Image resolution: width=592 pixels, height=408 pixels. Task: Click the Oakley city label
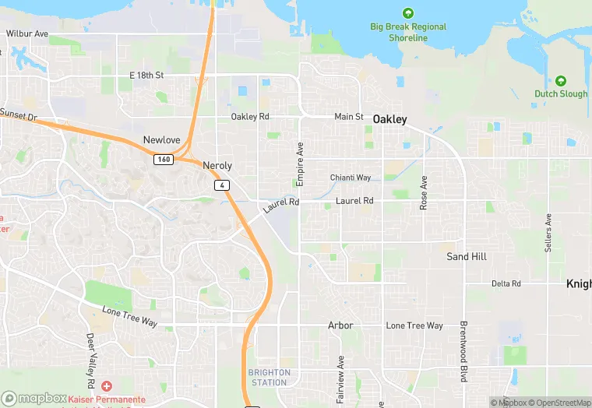(389, 119)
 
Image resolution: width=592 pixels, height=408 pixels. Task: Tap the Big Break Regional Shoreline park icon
(407, 13)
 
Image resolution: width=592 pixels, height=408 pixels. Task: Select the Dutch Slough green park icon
(561, 81)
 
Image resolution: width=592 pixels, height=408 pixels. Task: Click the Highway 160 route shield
(163, 160)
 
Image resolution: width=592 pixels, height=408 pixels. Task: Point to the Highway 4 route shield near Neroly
(223, 185)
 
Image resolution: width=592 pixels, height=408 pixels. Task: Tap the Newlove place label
(161, 140)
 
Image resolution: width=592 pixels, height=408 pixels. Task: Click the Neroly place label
(217, 166)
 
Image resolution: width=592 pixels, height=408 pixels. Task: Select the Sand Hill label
(467, 256)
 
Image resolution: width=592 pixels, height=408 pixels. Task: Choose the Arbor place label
(340, 325)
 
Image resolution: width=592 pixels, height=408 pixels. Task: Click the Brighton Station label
(270, 378)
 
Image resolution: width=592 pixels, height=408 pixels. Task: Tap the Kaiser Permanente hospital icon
(106, 386)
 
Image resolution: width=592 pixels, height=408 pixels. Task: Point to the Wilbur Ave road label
(27, 34)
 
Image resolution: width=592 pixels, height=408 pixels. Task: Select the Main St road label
(348, 117)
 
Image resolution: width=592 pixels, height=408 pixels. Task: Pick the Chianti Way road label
(351, 178)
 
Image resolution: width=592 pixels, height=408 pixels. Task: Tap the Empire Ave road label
(300, 164)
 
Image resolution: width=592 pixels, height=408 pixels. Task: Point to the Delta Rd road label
(506, 284)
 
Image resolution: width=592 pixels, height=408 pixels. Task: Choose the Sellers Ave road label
(548, 232)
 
